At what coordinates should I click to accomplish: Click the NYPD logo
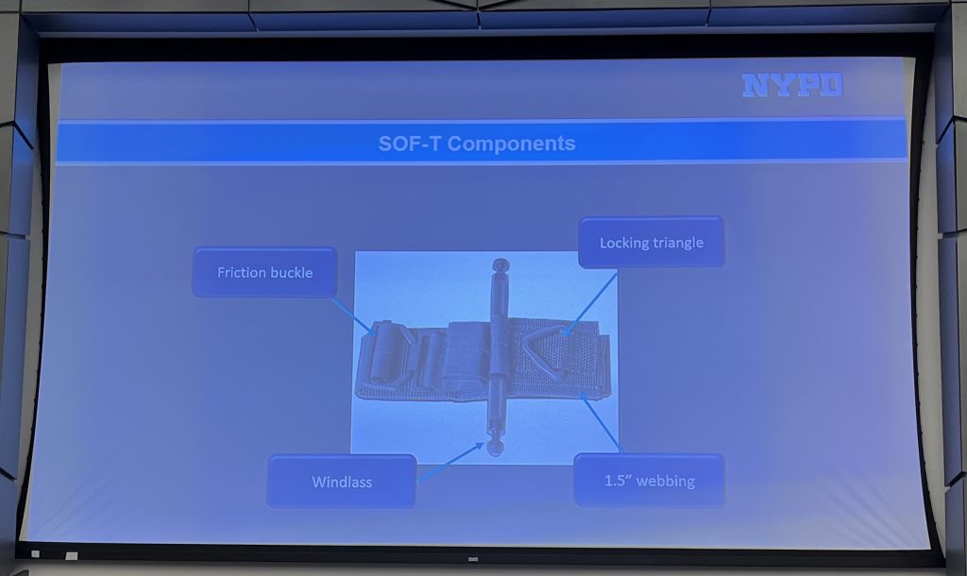click(x=792, y=85)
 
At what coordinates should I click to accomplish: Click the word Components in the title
click(x=511, y=144)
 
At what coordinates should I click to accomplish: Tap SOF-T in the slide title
click(x=410, y=144)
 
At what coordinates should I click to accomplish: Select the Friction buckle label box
click(x=264, y=273)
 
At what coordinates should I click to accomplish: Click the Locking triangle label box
click(x=652, y=243)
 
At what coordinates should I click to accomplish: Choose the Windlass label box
click(x=342, y=482)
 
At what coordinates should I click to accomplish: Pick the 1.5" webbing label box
click(x=649, y=481)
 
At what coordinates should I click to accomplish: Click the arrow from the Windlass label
click(x=450, y=462)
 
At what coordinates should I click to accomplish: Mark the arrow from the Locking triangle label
click(x=590, y=303)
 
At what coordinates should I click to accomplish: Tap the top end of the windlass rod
click(x=500, y=264)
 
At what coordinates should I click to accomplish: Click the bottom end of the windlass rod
click(x=495, y=448)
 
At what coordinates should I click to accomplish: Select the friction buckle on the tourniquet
click(x=390, y=355)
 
